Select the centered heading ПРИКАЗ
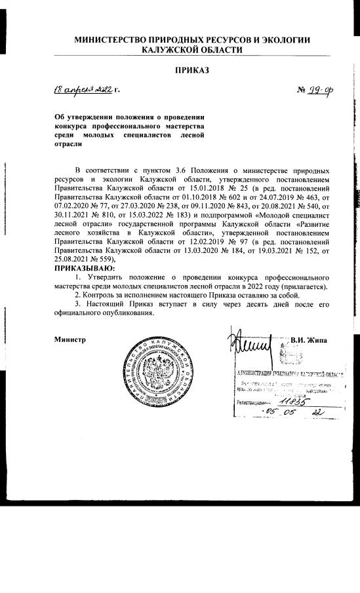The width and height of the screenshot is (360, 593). pyautogui.click(x=191, y=69)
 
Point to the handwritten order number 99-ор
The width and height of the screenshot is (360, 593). pyautogui.click(x=318, y=90)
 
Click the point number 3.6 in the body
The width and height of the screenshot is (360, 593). pyautogui.click(x=175, y=169)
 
